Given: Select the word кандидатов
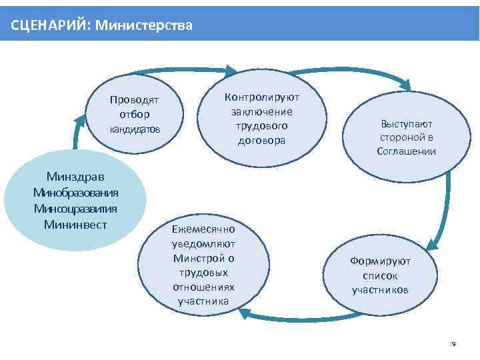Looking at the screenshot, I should (134, 129).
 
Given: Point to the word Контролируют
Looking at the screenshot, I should (261, 97).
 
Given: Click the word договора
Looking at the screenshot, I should (261, 140).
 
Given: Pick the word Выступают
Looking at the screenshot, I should (407, 124).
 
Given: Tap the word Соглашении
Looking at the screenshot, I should (407, 151).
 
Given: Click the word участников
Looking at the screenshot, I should (381, 290).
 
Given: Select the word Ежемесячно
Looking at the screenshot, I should (203, 229).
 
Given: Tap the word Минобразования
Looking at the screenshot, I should (76, 193).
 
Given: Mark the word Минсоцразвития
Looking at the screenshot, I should (76, 208).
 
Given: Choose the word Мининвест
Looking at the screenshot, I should (76, 224).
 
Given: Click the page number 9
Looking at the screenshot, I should (453, 344).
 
